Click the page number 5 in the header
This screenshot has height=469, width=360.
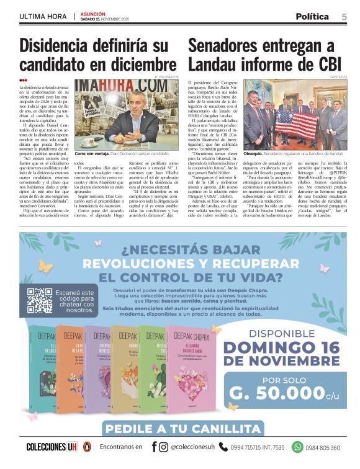344,16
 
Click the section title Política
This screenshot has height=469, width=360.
312,16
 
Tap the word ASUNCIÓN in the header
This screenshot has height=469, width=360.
93,13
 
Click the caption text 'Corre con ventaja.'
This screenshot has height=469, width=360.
95,153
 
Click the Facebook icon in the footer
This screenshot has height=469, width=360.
154,447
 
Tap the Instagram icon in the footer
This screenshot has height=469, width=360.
163,447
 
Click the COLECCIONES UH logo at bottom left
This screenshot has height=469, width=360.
52,447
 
